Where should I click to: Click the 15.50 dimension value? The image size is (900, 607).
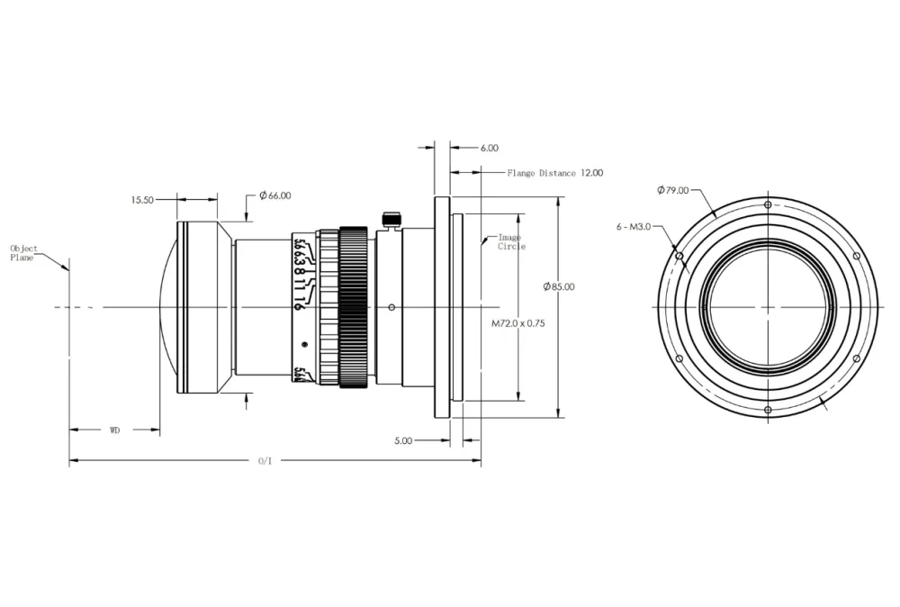[x=142, y=200]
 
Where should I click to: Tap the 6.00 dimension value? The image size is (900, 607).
[x=490, y=148]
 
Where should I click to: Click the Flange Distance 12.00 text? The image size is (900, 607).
[x=554, y=172]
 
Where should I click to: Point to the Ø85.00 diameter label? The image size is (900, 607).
[x=559, y=286]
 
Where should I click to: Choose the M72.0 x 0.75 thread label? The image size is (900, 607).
[x=519, y=322]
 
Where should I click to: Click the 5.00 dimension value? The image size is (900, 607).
[x=403, y=440]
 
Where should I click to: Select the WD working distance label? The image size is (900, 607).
[x=115, y=430]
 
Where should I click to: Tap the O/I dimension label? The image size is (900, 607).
[x=265, y=461]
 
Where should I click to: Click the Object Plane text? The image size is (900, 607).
[x=24, y=252]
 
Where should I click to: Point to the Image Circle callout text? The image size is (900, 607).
[x=511, y=241]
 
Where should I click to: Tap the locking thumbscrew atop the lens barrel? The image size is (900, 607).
[x=390, y=219]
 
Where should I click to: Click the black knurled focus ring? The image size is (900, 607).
[x=354, y=306]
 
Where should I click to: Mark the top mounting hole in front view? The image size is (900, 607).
[x=767, y=205]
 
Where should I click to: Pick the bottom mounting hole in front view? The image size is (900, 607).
[x=767, y=411]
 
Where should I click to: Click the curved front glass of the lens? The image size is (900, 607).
[x=167, y=306]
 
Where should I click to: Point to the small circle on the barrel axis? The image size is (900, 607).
[x=391, y=307]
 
